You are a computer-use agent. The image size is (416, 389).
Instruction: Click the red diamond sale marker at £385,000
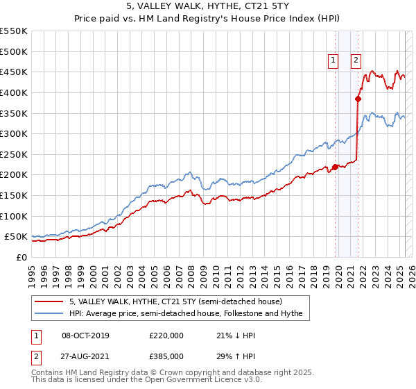point(358,99)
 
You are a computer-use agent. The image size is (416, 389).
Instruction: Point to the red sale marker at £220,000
point(335,167)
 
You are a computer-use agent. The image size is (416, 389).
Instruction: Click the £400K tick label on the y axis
point(14,92)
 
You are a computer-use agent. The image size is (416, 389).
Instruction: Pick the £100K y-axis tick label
point(14,216)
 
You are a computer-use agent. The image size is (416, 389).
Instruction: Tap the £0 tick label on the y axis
point(22,257)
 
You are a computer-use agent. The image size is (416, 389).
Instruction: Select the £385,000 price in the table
point(166,356)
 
